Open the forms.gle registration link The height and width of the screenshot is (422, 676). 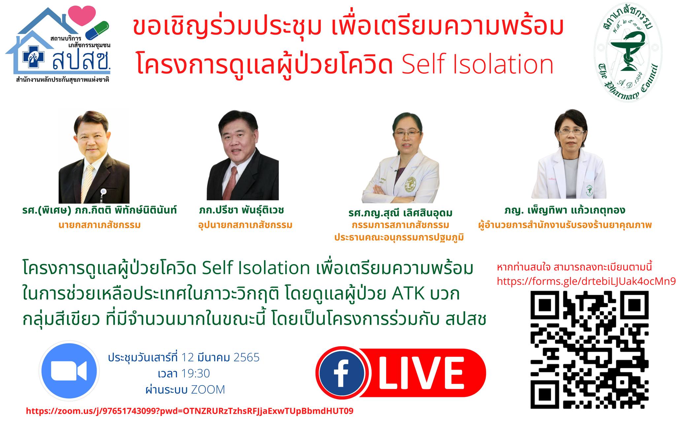click(586, 281)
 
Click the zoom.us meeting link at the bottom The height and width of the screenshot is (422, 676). click(189, 411)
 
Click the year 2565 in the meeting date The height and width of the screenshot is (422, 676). click(246, 357)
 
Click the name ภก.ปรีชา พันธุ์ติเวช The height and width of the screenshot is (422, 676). click(242, 210)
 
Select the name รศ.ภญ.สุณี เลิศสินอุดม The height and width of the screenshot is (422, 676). click(400, 213)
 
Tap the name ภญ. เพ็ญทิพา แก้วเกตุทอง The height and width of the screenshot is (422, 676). click(565, 210)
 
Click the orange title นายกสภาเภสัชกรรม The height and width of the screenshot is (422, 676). click(99, 225)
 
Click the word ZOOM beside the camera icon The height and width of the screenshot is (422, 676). click(208, 390)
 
